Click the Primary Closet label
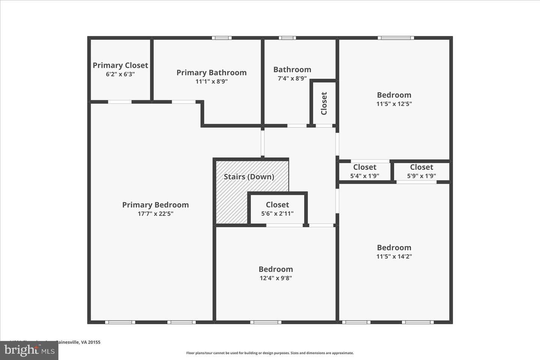tap(120, 65)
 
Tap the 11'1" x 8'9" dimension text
tap(211, 81)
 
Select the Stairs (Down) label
tap(249, 177)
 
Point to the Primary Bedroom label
tap(155, 205)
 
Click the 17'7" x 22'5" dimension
tap(155, 214)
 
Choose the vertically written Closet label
tap(324, 103)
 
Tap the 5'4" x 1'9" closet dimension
tap(364, 176)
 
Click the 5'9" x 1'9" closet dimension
tap(421, 176)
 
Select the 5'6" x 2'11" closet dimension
tap(277, 214)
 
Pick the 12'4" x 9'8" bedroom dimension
tap(276, 278)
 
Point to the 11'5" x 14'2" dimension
tap(394, 256)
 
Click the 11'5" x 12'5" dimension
tap(394, 104)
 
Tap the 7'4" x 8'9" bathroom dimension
tap(292, 78)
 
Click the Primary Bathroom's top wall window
tap(222, 38)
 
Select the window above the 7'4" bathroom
tap(287, 38)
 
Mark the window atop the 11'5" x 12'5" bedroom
tap(396, 38)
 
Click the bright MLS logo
tap(29, 351)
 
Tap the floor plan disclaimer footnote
tap(270, 353)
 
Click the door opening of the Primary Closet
tap(120, 102)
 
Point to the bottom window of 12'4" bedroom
tap(266, 322)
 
